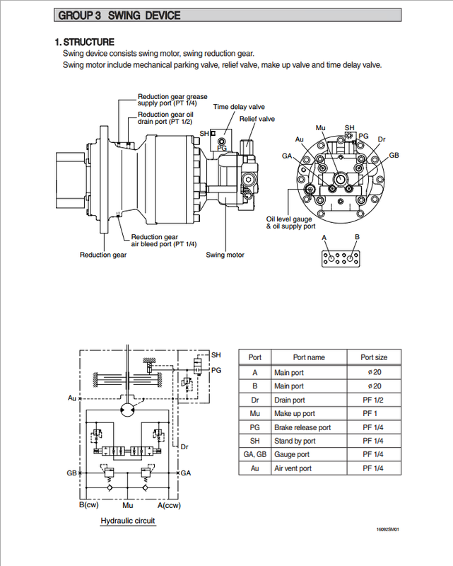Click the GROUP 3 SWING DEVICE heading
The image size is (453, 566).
point(119,16)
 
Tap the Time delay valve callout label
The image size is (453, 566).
point(239,107)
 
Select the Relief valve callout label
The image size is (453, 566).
point(257,119)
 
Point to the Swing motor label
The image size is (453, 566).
point(225,255)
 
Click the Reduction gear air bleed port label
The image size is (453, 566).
point(164,241)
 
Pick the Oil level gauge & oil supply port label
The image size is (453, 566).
point(290,223)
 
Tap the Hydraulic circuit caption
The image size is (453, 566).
point(128,521)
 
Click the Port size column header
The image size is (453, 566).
point(374,357)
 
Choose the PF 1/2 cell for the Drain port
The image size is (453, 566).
point(373,400)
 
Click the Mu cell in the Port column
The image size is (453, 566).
point(254,414)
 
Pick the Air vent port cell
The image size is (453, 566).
point(293,468)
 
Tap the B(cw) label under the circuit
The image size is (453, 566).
point(89,504)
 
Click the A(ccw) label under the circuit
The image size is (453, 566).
point(169,505)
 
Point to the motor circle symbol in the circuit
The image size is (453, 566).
point(127,409)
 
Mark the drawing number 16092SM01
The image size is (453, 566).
point(388,529)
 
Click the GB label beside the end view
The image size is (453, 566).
point(394,155)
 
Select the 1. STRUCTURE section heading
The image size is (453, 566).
point(84,42)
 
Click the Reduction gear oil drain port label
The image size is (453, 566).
point(165,118)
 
